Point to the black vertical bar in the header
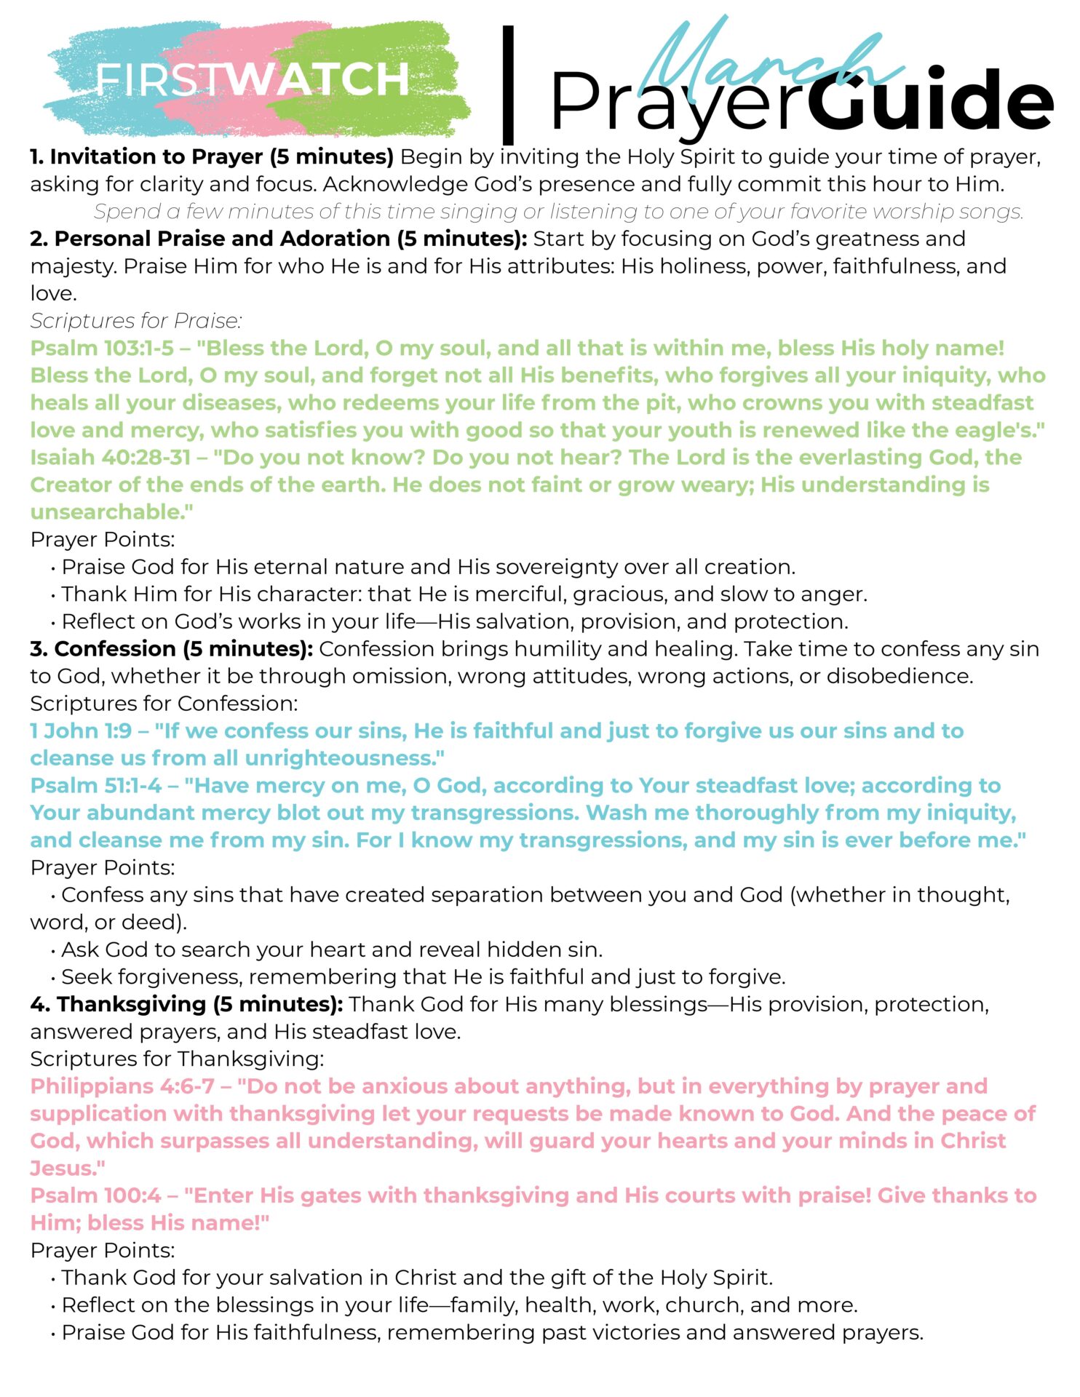508,84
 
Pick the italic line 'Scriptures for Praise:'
136,321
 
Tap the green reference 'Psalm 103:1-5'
102,348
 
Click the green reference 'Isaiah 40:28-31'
111,458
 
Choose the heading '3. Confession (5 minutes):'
172,649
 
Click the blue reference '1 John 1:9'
81,731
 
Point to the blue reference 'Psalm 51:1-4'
95,786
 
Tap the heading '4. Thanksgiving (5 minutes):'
186,1004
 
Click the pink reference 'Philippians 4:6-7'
122,1086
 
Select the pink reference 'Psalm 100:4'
95,1195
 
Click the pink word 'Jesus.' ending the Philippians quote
65,1169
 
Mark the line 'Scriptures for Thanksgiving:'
177,1059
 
